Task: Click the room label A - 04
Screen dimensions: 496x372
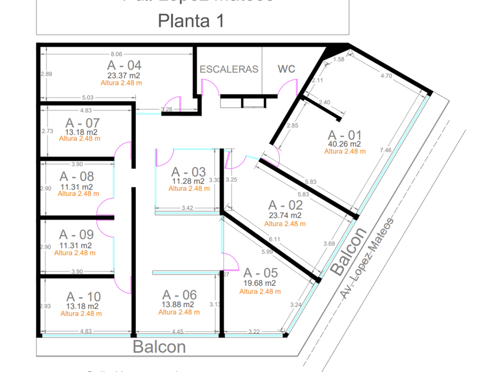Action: (124, 65)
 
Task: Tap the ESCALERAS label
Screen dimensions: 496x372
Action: (229, 69)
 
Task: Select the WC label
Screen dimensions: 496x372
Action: (286, 69)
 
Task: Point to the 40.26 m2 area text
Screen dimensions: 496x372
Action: (344, 143)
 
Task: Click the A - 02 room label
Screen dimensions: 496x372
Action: (285, 205)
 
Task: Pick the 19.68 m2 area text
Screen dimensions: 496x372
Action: (260, 283)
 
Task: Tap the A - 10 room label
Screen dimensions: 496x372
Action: (83, 296)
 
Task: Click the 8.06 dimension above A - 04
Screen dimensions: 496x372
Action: (116, 54)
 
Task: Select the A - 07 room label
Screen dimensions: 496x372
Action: (83, 123)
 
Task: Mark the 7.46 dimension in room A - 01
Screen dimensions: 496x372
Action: (386, 150)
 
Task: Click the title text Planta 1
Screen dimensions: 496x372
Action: (191, 21)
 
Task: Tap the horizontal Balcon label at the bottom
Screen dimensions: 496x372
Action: (159, 347)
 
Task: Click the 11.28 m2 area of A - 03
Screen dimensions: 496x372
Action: (188, 181)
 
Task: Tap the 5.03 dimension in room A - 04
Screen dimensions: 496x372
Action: (87, 98)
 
